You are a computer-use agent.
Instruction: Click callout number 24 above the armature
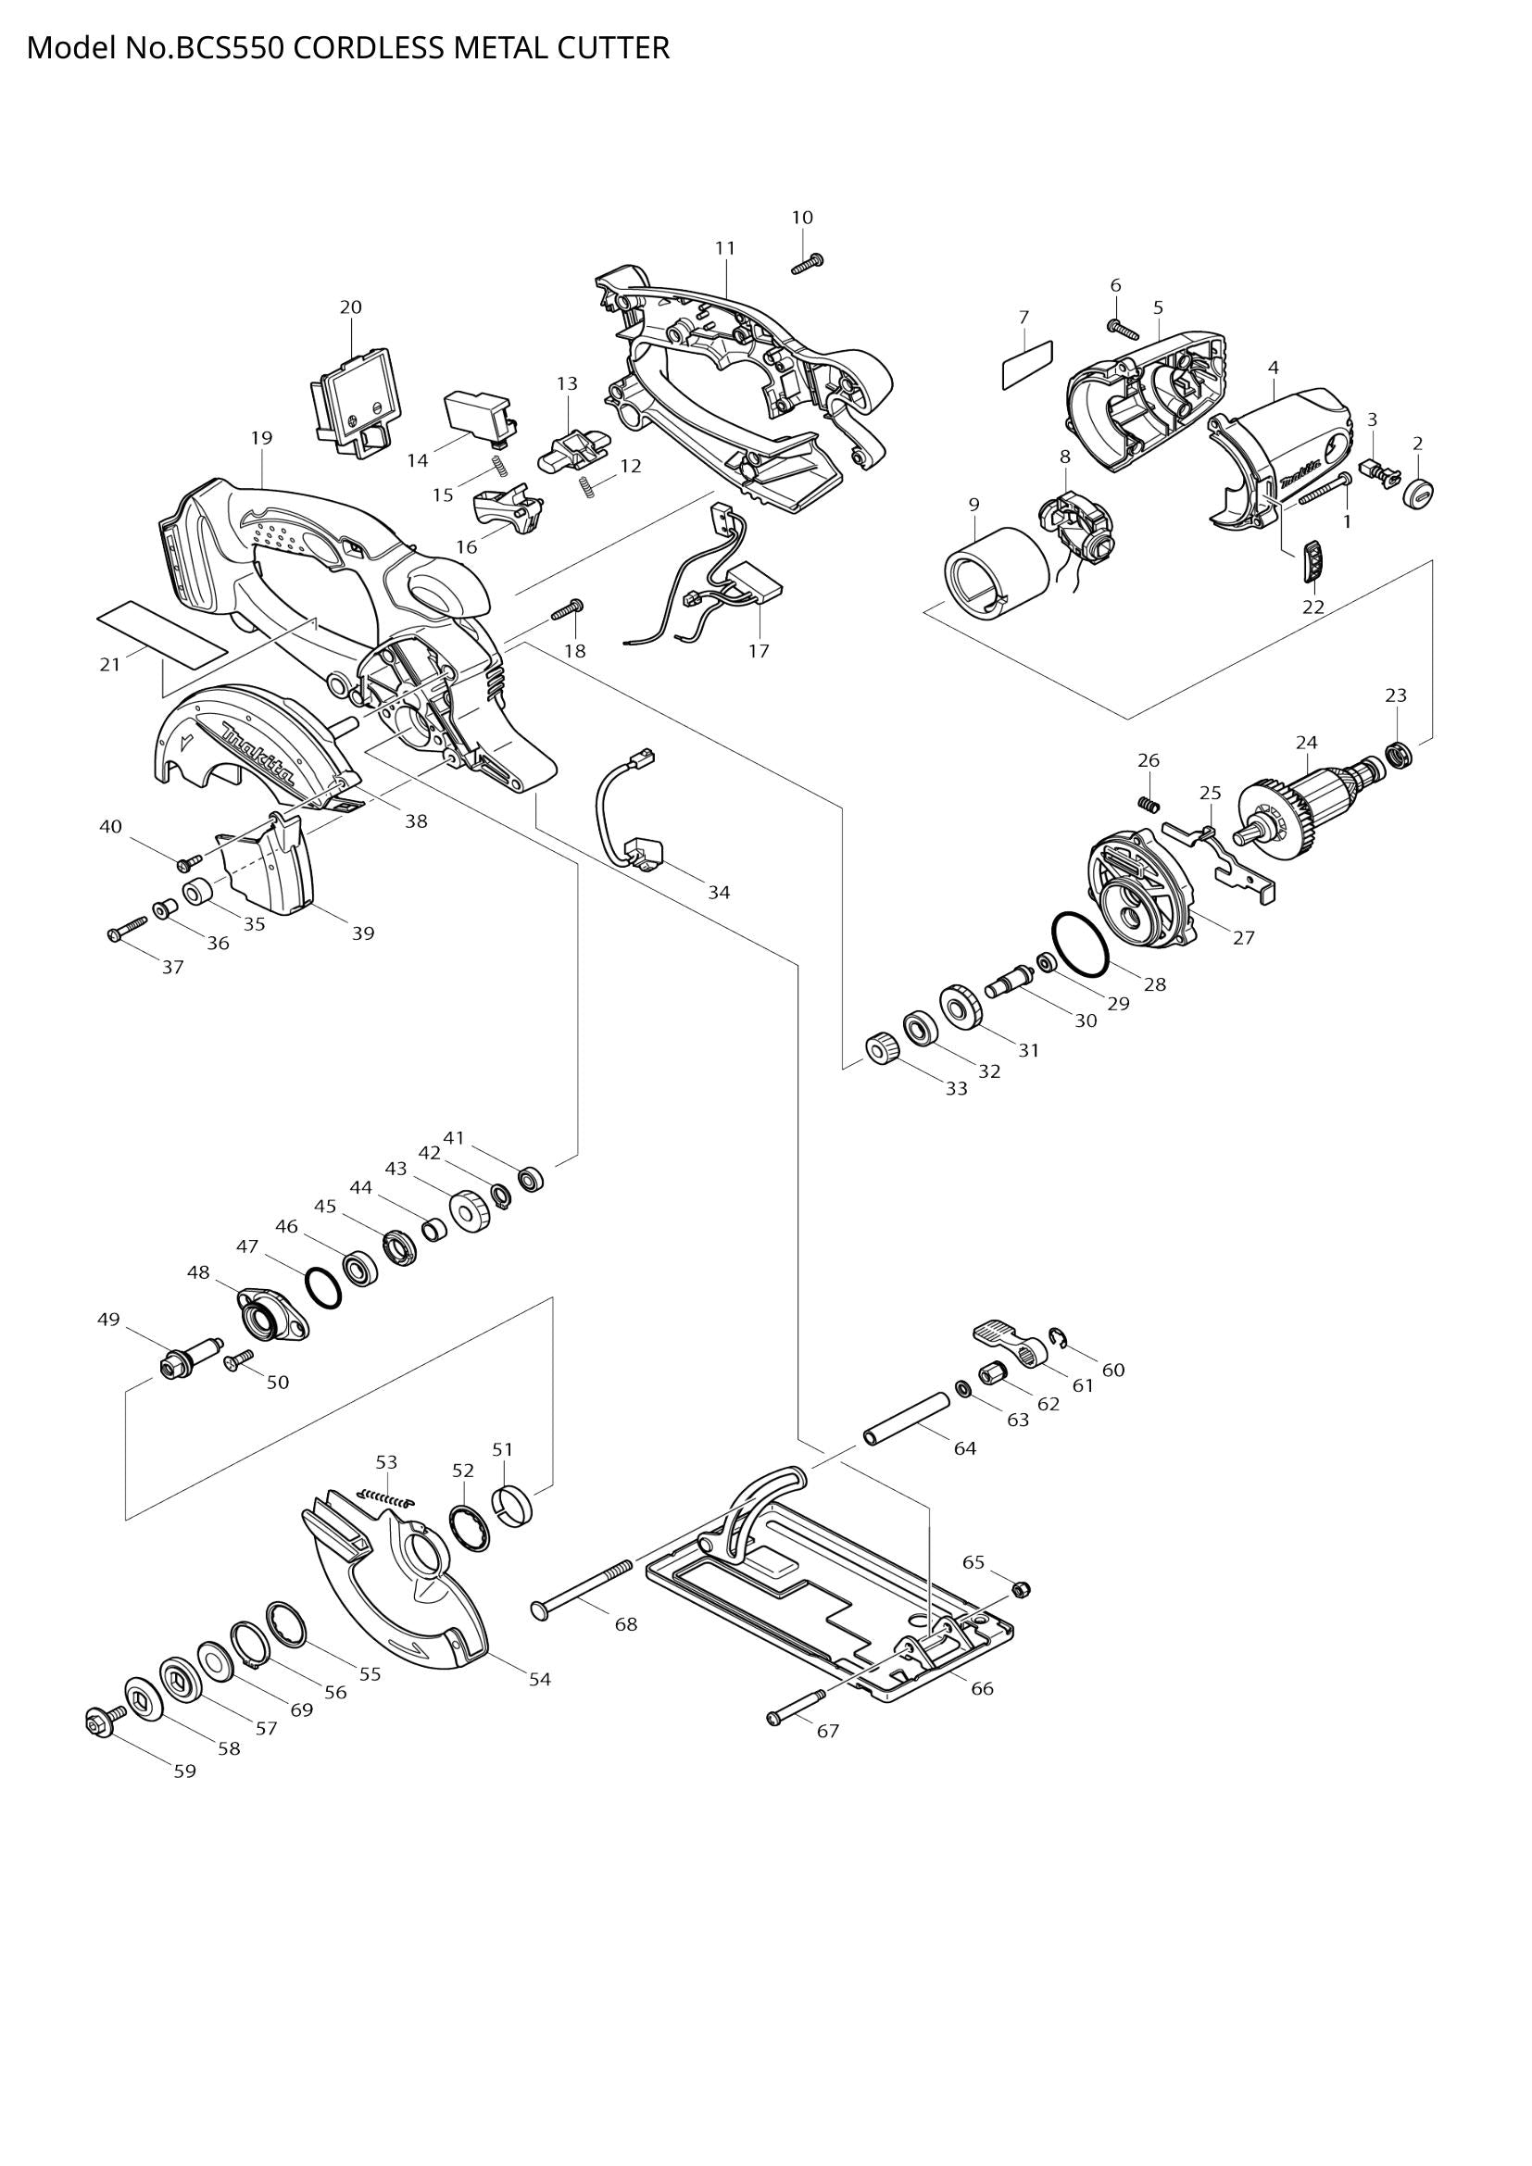click(1306, 743)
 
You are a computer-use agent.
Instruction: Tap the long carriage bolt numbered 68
click(584, 1589)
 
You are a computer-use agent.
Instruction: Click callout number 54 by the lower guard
click(539, 1679)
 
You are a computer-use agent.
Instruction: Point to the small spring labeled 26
click(1148, 803)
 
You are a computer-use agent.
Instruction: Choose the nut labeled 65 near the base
click(1021, 1590)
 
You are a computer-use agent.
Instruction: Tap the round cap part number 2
click(1417, 492)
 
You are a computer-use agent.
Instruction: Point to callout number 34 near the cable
click(719, 892)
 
